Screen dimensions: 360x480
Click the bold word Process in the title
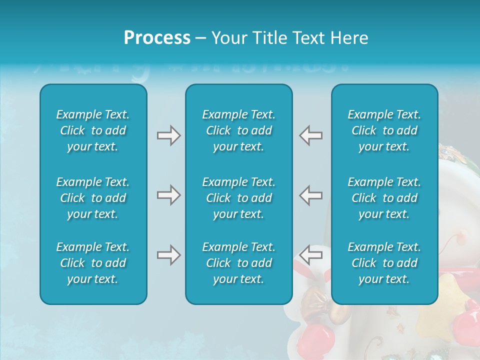click(157, 37)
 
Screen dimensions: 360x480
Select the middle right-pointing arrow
click(168, 195)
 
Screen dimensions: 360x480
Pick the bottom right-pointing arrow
click(168, 255)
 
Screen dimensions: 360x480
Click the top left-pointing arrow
click(311, 135)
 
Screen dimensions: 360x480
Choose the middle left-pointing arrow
click(311, 195)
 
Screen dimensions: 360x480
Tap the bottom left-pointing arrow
click(311, 254)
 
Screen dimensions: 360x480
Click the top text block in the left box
click(93, 130)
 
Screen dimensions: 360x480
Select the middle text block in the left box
click(93, 198)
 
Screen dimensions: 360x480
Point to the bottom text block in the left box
click(93, 263)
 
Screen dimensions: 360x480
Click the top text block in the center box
click(239, 130)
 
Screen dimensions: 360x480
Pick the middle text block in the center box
click(239, 198)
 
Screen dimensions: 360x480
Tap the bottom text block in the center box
click(239, 263)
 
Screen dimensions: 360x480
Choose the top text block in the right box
click(384, 130)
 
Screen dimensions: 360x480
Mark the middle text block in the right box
click(384, 198)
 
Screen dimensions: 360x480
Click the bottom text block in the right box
click(384, 263)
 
